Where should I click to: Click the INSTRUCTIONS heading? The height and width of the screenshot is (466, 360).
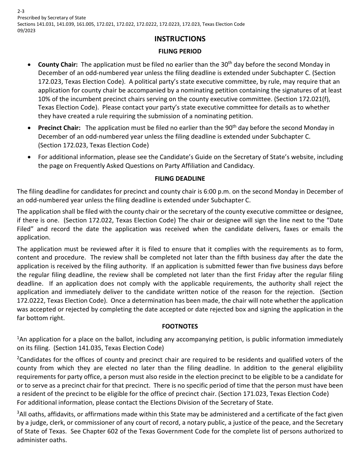(x=180, y=39)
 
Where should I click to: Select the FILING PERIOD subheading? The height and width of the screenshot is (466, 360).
(x=180, y=51)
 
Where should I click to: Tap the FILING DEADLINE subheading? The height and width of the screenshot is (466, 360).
(x=180, y=178)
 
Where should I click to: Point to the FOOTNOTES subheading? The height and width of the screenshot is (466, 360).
(x=180, y=326)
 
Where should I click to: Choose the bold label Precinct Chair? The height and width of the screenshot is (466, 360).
(x=59, y=128)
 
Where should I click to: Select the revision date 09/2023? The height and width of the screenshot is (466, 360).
(x=26, y=31)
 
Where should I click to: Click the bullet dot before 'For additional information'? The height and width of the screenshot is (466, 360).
(x=30, y=157)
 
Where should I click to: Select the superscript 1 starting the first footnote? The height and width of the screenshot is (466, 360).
(x=18, y=338)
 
